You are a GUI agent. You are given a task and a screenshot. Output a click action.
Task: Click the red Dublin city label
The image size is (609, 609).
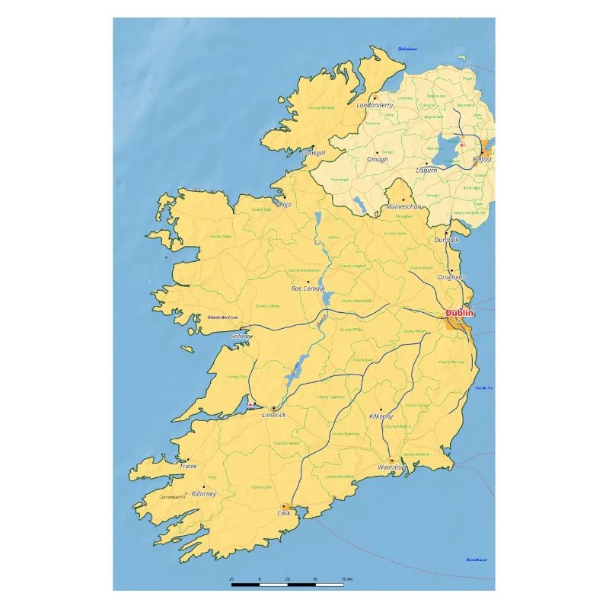(459, 313)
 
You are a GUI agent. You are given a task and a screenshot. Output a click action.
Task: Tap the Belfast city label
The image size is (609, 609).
(483, 159)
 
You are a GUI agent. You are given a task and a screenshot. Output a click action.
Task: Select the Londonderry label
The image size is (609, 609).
(375, 105)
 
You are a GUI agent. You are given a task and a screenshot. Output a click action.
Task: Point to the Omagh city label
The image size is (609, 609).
(378, 159)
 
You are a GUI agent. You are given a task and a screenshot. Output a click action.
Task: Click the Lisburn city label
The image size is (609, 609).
(427, 170)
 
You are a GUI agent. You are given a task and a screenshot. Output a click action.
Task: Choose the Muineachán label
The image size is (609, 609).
(403, 206)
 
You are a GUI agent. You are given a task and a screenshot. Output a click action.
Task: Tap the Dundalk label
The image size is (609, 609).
(447, 239)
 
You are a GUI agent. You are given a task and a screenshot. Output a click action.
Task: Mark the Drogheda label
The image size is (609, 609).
(452, 277)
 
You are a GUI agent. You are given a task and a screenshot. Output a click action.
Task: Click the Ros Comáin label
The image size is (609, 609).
(308, 289)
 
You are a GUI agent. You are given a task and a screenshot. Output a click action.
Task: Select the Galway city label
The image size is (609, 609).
(241, 336)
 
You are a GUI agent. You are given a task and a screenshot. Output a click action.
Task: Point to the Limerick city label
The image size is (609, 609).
(274, 415)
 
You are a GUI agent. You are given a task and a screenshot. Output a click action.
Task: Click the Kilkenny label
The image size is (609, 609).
(381, 416)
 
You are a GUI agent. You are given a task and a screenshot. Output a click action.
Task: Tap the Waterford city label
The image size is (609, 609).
(392, 467)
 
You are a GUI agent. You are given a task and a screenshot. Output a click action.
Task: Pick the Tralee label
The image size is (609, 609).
(188, 466)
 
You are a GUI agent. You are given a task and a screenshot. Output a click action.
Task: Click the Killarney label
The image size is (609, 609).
(204, 493)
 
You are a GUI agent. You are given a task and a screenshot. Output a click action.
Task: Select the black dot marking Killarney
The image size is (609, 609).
(203, 487)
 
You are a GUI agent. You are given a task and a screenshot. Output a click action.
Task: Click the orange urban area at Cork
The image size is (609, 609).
(285, 506)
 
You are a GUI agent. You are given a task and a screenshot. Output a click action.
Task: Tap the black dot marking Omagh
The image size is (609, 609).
(377, 152)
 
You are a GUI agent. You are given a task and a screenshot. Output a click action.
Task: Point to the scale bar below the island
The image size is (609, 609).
(287, 585)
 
